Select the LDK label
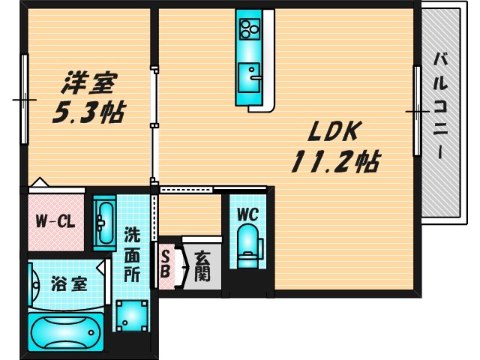336,133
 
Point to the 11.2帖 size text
334,160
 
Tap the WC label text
247,214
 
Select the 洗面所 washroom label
132,253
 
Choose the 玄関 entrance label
202,266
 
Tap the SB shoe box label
165,264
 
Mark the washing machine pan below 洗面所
131,315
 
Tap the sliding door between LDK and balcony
415,111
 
